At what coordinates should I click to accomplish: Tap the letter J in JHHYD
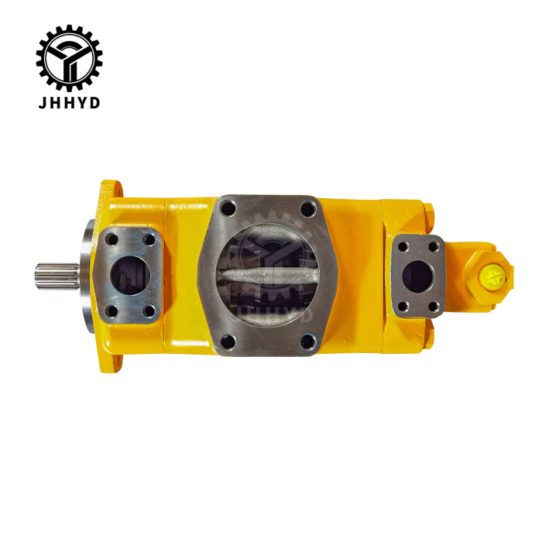point(42,102)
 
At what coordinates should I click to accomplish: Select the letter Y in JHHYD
point(81,102)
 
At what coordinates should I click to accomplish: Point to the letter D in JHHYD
point(94,102)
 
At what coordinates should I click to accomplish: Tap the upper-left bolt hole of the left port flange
point(112,239)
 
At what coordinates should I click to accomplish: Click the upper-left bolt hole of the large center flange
point(226,208)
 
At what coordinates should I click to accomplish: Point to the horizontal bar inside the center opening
point(267,276)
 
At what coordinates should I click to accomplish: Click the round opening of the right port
point(419,276)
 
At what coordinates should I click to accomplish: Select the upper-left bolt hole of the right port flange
point(403,248)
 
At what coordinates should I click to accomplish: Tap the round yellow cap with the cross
point(492,274)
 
